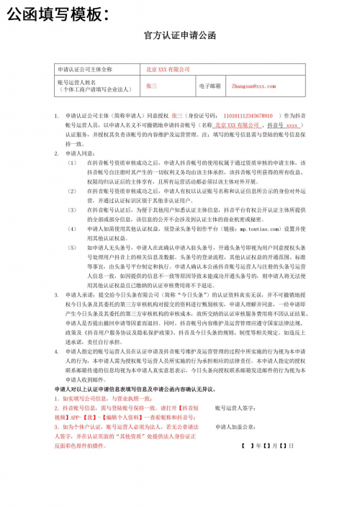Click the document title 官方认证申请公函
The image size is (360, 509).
coord(179,35)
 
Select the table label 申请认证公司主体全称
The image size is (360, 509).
coord(85,69)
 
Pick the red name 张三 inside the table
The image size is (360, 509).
coord(151,86)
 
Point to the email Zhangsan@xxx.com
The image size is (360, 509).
coord(253,86)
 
